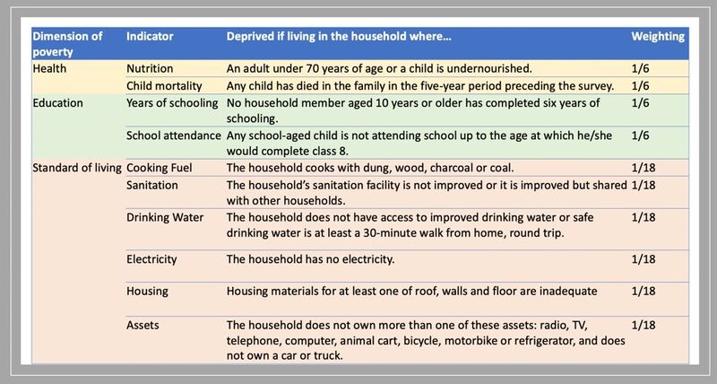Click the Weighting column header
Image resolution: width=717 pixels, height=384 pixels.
[x=658, y=37]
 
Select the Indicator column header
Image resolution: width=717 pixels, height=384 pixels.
[x=150, y=37]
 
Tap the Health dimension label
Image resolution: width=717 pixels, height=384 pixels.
[x=49, y=69]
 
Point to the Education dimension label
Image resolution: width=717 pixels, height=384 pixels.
[x=57, y=103]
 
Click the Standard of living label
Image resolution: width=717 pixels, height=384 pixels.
[x=77, y=168]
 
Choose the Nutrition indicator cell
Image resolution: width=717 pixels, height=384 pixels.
[x=150, y=69]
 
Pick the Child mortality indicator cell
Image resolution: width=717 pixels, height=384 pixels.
[x=164, y=86]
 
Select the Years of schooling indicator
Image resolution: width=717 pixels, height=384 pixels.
[x=172, y=103]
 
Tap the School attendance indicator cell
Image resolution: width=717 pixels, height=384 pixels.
[x=174, y=136]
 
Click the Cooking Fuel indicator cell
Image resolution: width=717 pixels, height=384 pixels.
[x=160, y=168]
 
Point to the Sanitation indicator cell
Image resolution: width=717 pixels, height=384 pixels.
[x=152, y=186]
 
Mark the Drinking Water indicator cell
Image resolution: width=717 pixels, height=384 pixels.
[x=165, y=217]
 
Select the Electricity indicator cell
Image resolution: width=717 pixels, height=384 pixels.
[x=151, y=259]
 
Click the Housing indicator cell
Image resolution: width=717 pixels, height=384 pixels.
[x=147, y=292]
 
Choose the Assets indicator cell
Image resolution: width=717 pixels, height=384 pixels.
[x=143, y=326]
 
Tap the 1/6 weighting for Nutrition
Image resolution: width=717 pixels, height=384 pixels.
[x=640, y=69]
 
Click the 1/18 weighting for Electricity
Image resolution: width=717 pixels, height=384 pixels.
[x=644, y=259]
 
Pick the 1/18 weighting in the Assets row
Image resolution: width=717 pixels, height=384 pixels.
[x=644, y=326]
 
